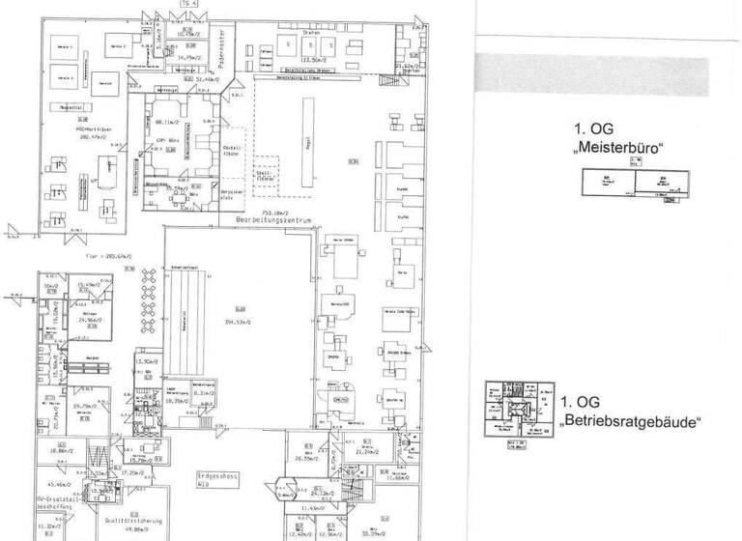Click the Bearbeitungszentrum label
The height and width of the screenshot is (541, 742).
(x=276, y=220)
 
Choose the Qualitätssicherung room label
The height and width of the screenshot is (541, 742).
(x=144, y=493)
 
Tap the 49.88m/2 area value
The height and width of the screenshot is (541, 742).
(x=144, y=502)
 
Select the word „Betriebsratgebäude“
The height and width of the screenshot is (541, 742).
(x=630, y=422)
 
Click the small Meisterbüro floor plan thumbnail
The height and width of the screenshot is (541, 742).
(x=631, y=183)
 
